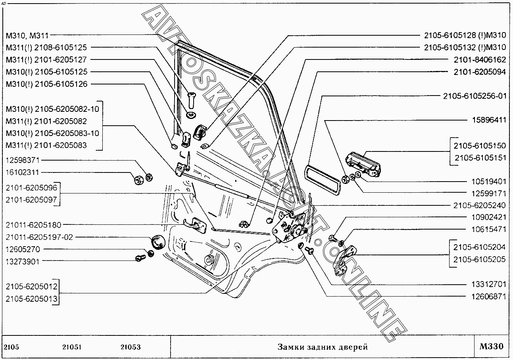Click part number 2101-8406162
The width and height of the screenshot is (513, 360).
coord(480,59)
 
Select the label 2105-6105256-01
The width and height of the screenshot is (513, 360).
coord(475,96)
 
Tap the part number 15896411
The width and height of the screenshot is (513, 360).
coord(488,120)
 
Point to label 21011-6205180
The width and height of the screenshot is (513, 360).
coord(33,225)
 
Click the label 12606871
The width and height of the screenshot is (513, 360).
coord(488,297)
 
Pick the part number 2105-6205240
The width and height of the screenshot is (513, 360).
coord(480,205)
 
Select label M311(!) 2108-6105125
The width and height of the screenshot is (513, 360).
coord(46,47)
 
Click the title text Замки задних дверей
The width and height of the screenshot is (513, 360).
coord(322,347)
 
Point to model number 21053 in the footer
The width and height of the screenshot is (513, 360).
coord(131,347)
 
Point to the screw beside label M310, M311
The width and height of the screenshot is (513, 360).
coord(192,99)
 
